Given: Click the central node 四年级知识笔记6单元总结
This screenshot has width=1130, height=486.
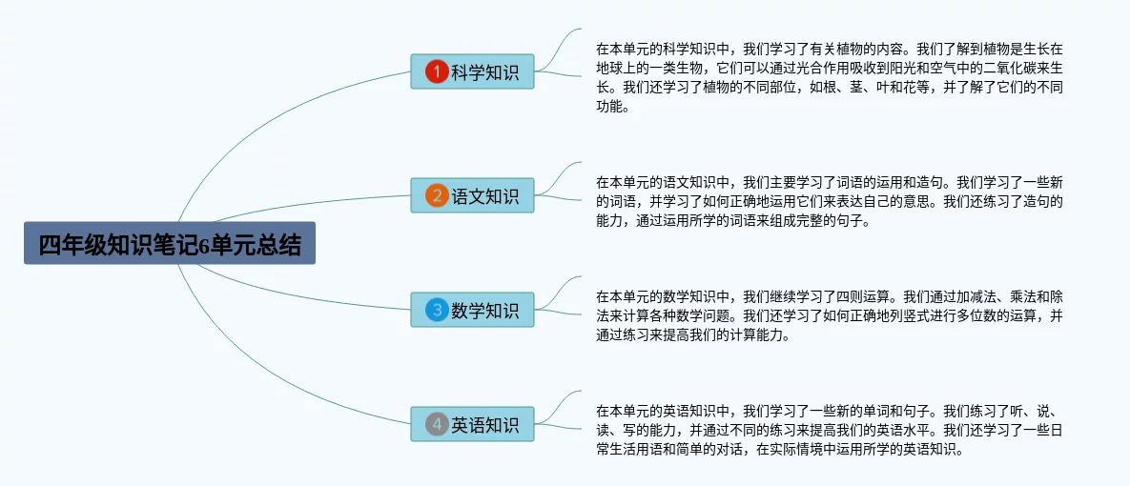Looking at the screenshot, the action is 169,245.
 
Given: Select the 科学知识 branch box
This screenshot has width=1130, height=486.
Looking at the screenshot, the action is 472,71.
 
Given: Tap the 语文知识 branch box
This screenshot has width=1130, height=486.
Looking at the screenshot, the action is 472,195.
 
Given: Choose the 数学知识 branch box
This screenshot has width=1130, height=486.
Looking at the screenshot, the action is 472,310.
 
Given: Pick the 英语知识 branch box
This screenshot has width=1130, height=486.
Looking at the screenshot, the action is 472,424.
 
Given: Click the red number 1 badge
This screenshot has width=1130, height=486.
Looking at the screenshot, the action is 436,71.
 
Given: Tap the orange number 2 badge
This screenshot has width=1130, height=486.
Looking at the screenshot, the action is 436,196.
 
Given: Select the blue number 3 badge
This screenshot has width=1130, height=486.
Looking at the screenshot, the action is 436,310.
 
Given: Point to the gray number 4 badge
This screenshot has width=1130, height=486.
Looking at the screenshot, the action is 436,424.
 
